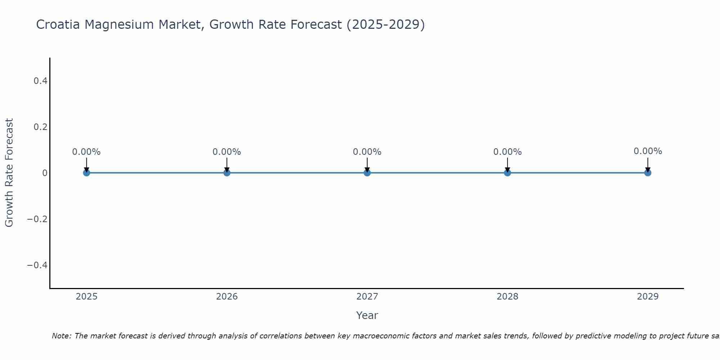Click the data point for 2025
point(86,173)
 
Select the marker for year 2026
point(227,173)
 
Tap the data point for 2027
point(367,173)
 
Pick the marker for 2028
point(508,173)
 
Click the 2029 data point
point(648,173)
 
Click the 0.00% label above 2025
point(86,152)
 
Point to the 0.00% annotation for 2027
point(367,152)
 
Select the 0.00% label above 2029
point(648,151)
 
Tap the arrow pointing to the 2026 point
point(227,165)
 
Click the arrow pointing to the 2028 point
point(508,165)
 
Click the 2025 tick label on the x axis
point(87,297)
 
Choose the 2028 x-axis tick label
point(508,297)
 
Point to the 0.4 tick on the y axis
point(41,81)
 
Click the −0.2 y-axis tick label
point(37,219)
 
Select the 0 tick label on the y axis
point(45,173)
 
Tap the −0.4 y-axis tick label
point(37,265)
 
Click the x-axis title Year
point(367,316)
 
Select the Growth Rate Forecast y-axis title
point(9,173)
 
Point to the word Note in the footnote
point(61,336)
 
